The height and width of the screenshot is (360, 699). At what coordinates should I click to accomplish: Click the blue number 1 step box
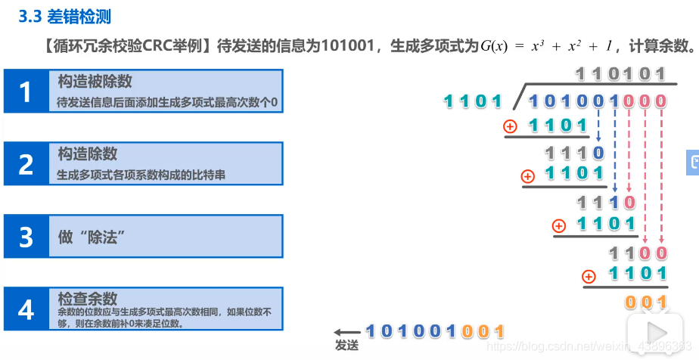pos(26,92)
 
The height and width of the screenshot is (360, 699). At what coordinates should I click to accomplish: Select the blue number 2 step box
pos(26,164)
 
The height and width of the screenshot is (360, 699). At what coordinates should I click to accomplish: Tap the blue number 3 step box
pos(26,237)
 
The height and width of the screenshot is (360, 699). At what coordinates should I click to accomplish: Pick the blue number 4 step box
pos(26,309)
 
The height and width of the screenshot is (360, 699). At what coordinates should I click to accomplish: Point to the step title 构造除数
pos(88,154)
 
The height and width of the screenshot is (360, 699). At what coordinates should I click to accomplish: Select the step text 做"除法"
pos(91,237)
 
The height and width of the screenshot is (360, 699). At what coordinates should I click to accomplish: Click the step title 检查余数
pos(88,299)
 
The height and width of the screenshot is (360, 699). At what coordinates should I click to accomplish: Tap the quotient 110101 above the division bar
pos(620,73)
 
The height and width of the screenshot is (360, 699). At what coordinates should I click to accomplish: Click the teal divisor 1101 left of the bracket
pos(473,101)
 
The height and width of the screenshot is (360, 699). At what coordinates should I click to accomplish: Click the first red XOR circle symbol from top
pos(512,126)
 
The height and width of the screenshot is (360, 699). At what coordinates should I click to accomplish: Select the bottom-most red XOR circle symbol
pos(589,276)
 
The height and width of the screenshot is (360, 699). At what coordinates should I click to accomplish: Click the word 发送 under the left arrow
pos(346,345)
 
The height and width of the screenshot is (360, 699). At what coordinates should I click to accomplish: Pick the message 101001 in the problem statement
pos(347,45)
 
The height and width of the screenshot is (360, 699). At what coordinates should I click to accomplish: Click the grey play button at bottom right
pos(656,333)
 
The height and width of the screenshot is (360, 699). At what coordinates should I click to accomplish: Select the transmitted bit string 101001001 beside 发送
pos(435,331)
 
